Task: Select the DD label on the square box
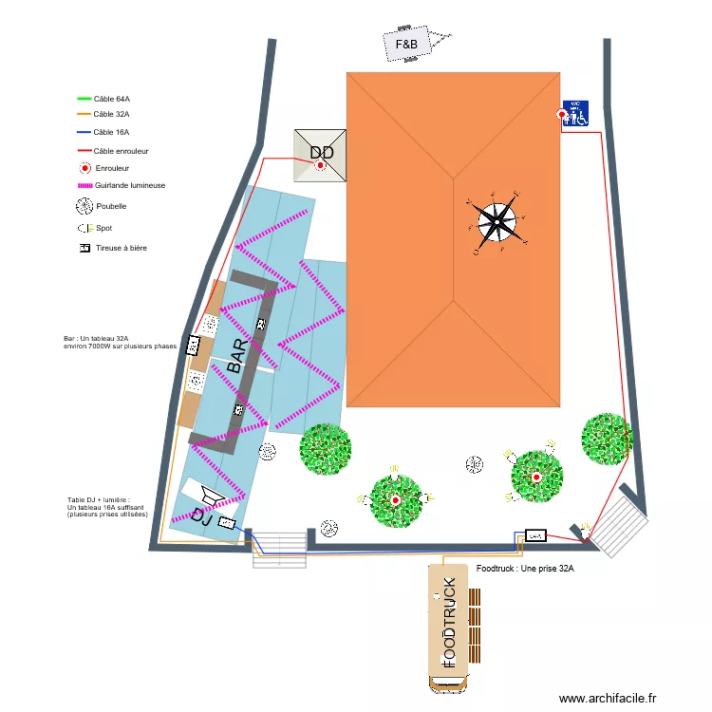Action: coord(322,153)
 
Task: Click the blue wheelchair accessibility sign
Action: coord(576,113)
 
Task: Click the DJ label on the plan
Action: coord(201,516)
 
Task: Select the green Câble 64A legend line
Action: coord(84,98)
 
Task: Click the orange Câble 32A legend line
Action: coord(84,115)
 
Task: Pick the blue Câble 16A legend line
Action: coord(84,133)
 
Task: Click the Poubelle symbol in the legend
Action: coord(84,206)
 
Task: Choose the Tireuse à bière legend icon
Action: coord(84,248)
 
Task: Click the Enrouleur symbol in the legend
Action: coord(84,168)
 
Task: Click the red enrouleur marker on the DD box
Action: coord(321,165)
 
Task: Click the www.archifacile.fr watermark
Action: coord(608,698)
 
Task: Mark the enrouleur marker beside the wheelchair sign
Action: coord(562,116)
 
